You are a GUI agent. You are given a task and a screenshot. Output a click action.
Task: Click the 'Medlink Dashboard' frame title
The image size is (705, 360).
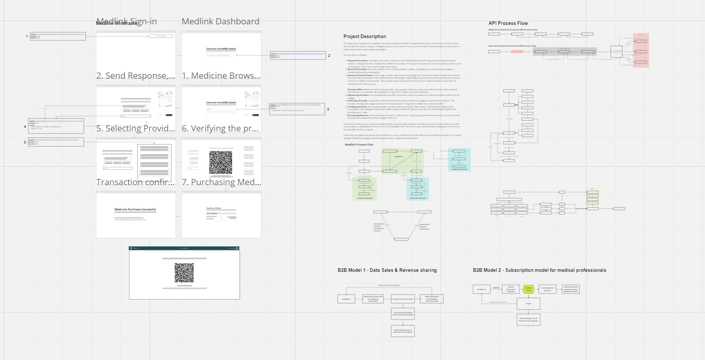[220, 21]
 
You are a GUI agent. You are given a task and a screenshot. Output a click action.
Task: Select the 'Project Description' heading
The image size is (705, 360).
[364, 37]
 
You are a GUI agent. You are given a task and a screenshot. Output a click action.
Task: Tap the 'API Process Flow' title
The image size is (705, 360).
[508, 23]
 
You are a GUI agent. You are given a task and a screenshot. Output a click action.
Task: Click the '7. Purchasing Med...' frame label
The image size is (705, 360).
[221, 182]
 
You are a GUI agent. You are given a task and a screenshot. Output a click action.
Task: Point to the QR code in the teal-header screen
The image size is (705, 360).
[184, 273]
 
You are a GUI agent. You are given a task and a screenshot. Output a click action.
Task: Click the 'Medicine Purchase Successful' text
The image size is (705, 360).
[135, 209]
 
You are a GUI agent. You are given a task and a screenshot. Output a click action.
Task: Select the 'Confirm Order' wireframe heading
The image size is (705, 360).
[214, 208]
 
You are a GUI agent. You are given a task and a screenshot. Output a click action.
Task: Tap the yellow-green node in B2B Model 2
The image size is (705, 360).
[529, 289]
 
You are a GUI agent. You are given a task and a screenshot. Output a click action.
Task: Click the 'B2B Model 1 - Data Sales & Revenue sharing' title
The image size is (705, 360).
[387, 270]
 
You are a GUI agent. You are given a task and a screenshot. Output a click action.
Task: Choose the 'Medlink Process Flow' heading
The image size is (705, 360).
[359, 145]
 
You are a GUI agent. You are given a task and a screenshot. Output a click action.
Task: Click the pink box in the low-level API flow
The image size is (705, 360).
[517, 52]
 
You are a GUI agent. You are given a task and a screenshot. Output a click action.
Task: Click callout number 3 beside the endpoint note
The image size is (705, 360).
[328, 109]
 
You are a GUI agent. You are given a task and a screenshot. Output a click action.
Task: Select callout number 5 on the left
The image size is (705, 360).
[25, 142]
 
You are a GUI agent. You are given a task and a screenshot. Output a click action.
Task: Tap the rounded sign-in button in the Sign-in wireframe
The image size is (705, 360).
[161, 37]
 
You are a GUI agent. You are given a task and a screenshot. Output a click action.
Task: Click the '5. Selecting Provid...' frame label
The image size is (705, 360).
[136, 129]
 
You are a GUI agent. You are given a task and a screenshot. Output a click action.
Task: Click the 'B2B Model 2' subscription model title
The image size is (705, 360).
[539, 270]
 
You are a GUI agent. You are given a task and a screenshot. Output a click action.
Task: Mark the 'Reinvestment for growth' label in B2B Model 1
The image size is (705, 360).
[390, 285]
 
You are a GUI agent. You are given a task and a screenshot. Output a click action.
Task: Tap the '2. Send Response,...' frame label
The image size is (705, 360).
[136, 76]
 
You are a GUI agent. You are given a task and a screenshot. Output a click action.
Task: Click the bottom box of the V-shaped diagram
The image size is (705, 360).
[401, 239]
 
